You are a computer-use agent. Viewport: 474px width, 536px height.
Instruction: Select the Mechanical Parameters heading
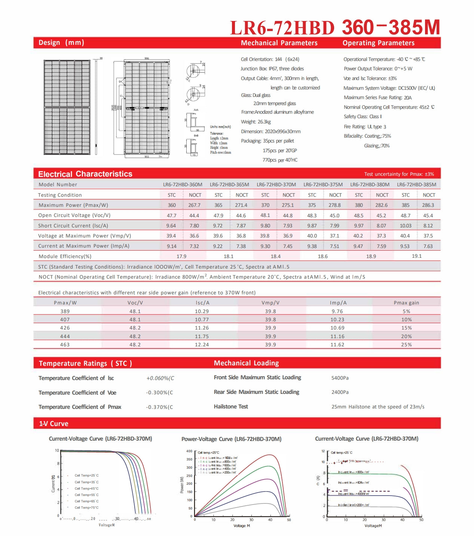[279, 43]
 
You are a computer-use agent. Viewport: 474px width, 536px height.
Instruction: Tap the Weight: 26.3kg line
[256, 122]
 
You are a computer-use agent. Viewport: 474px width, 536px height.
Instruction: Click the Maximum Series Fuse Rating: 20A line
[377, 98]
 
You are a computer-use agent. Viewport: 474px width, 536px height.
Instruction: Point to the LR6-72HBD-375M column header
[323, 184]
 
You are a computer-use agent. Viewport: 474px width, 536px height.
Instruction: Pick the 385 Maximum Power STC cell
[406, 205]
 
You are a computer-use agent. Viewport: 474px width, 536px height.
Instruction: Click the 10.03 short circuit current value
[406, 226]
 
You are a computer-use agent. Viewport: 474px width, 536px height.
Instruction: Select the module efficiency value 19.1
[416, 256]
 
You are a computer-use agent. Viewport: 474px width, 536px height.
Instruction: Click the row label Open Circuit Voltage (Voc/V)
[74, 215]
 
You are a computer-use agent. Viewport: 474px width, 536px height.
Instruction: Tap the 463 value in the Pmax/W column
[65, 344]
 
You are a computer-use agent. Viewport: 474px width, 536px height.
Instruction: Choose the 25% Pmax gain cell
[406, 344]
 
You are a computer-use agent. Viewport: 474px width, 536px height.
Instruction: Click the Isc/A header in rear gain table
[202, 303]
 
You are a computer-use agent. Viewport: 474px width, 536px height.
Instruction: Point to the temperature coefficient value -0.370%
[159, 407]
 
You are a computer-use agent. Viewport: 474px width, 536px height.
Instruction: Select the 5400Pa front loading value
[340, 378]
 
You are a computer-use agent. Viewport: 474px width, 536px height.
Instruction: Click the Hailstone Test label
[231, 407]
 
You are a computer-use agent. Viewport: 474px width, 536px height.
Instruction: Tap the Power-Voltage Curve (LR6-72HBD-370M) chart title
[231, 439]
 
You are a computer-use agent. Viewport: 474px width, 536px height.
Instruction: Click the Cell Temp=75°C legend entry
[86, 508]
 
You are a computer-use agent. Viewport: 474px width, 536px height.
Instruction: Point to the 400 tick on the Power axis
[189, 451]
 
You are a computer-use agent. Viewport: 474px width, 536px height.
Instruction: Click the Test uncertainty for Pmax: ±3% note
[399, 174]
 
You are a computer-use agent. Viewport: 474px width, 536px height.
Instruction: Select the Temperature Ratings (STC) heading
[85, 363]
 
